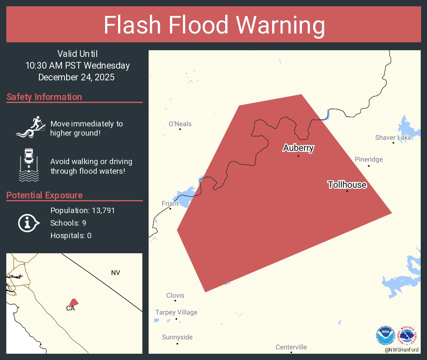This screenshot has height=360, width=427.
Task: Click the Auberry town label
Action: (298, 148)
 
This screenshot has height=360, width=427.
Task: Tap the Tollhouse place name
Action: (347, 185)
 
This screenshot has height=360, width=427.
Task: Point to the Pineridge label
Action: (368, 159)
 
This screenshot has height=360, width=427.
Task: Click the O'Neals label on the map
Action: (180, 124)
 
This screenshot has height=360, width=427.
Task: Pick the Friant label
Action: (170, 203)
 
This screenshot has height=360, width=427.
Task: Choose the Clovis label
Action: (175, 296)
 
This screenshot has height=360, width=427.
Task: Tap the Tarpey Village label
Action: (176, 312)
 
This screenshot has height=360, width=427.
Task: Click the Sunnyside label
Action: (177, 337)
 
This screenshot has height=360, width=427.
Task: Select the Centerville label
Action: (291, 347)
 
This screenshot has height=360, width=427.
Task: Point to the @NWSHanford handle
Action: (401, 350)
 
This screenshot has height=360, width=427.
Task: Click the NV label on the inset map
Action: (116, 273)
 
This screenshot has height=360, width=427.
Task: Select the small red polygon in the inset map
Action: (74, 302)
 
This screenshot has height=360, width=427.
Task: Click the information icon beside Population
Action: (28, 223)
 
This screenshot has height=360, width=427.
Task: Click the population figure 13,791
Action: (100, 210)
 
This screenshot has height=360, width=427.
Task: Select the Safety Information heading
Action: (44, 97)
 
